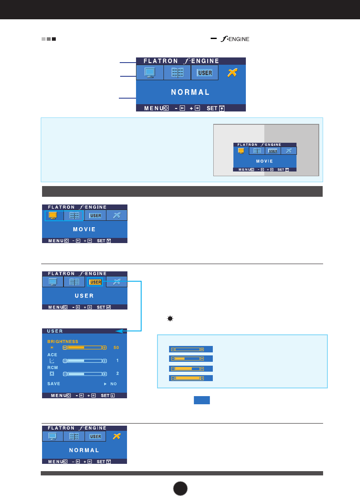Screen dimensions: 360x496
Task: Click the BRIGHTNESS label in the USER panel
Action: (x=63, y=341)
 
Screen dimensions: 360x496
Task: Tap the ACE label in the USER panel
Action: (x=51, y=355)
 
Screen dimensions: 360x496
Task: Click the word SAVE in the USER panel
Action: (x=54, y=383)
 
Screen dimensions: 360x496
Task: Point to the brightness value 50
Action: (x=116, y=347)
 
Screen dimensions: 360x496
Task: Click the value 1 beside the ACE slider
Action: (x=117, y=361)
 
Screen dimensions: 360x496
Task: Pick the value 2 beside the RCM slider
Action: (x=117, y=373)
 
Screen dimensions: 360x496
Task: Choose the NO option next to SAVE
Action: (x=113, y=384)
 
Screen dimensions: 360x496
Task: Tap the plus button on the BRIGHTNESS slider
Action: (x=104, y=347)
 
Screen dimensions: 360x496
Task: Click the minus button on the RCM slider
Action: (x=65, y=374)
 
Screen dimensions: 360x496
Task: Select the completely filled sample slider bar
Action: (x=187, y=378)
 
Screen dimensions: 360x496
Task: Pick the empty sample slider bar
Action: (x=187, y=349)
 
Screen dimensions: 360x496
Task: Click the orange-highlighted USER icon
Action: (x=95, y=282)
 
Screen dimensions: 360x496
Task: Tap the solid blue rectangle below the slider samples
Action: (x=202, y=400)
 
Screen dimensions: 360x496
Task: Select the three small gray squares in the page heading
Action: (x=48, y=39)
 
